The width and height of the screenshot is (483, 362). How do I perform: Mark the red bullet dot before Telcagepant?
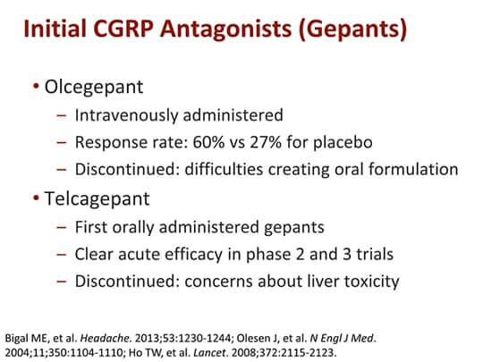[35, 193]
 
